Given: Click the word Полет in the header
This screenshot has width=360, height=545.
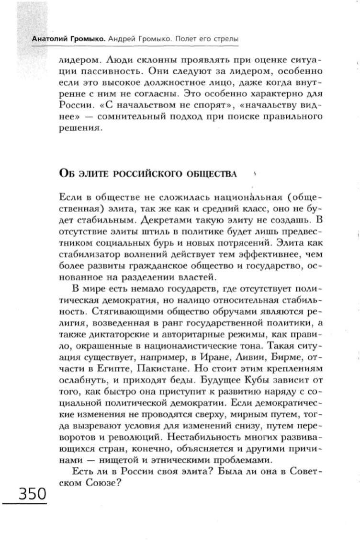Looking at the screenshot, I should tap(180, 38).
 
